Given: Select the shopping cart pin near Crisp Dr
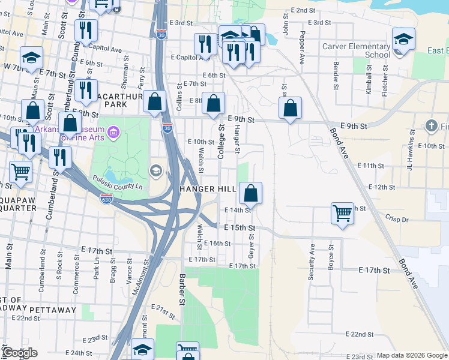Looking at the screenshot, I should (x=342, y=213).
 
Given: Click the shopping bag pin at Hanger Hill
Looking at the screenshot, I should (x=251, y=193).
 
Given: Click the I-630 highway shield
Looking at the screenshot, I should (x=106, y=200).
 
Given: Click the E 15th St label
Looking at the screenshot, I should (x=240, y=228).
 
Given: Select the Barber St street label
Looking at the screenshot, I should (x=181, y=289).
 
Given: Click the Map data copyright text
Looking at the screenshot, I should (x=411, y=355).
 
